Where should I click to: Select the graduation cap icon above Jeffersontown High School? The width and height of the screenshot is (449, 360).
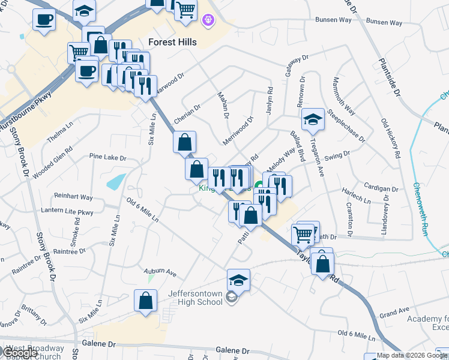[238, 280]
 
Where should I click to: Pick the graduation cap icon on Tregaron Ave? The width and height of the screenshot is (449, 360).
[313, 120]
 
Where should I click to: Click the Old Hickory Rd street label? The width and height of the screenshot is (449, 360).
[391, 137]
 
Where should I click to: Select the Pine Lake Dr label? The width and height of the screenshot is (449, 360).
[107, 158]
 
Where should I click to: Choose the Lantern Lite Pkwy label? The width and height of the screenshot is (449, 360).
[67, 211]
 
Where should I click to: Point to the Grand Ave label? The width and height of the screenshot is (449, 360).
[394, 313]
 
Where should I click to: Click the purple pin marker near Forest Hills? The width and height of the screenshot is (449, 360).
[208, 20]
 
